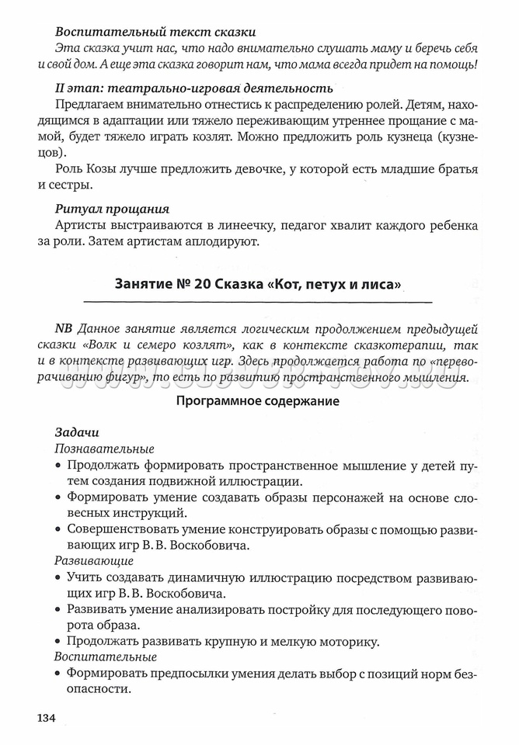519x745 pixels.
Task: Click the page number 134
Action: click(x=45, y=717)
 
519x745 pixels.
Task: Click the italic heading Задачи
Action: click(x=76, y=431)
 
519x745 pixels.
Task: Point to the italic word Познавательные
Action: click(x=104, y=449)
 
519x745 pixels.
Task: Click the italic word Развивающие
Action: click(x=93, y=560)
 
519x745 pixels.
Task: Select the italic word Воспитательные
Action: click(x=106, y=657)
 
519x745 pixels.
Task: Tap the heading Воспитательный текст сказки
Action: click(x=155, y=32)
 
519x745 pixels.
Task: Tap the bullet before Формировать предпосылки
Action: click(x=59, y=674)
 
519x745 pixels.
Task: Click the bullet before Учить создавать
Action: click(x=59, y=577)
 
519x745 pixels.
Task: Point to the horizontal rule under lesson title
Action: click(x=257, y=300)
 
